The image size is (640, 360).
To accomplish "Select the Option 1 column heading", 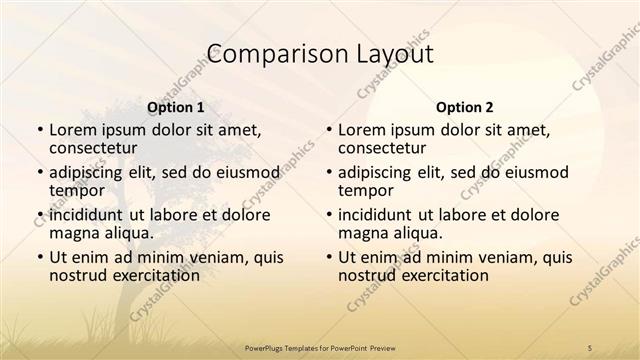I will pos(176,107).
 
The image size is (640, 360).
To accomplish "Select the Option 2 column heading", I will pos(465,107).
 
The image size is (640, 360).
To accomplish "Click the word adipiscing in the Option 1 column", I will pos(91,172).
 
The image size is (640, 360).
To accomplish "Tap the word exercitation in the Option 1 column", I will pos(145,275).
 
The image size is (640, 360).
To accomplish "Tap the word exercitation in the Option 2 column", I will pos(434,275).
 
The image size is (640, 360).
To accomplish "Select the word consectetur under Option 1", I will pos(95,149).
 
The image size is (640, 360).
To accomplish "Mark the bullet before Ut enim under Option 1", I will pos(39,257).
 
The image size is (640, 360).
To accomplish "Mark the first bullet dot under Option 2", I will pos(328,131).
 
